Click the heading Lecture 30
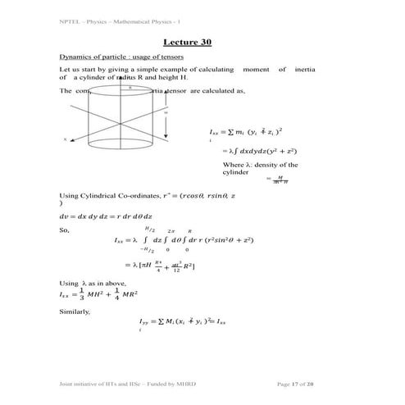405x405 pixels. point(188,42)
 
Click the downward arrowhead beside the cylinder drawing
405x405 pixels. point(167,137)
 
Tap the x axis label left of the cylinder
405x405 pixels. point(65,140)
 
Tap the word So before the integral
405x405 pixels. point(65,231)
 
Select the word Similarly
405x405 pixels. point(74,312)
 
